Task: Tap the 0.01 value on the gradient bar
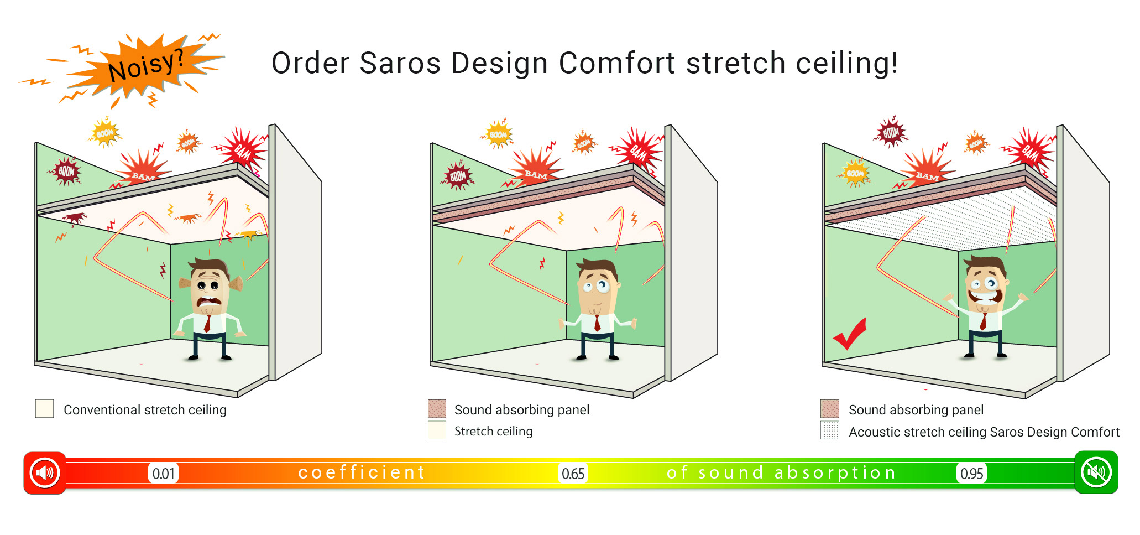[164, 474]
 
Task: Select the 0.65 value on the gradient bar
[573, 474]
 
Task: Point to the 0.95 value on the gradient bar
[971, 474]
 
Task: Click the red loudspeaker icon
[45, 473]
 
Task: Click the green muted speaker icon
[1096, 472]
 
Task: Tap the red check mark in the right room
[850, 334]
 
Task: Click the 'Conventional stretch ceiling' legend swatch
[44, 409]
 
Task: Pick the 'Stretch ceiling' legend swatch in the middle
[437, 430]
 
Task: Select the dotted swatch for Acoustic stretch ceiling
[830, 430]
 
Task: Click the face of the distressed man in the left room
[208, 290]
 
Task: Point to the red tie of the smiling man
[984, 321]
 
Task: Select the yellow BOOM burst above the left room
[104, 133]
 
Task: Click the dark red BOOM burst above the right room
[891, 133]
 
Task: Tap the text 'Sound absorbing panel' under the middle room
[522, 410]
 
